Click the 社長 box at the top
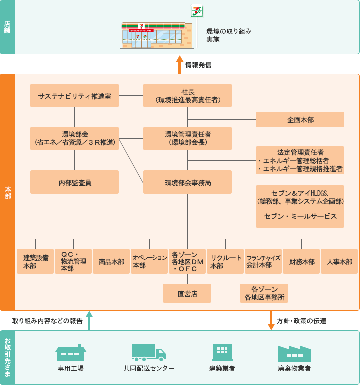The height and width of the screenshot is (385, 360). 187,95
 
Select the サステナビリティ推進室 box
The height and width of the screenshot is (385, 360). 74,95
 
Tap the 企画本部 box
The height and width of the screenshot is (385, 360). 300,120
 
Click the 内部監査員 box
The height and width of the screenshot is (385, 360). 74,182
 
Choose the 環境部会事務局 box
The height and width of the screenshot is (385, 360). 187,182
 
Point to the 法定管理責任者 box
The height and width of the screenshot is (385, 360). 300,160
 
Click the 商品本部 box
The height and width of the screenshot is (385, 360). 111,262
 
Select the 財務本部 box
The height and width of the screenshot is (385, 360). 301,262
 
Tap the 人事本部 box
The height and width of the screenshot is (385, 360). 339,262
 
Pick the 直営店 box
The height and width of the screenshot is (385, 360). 187,293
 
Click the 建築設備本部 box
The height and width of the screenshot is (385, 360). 35,262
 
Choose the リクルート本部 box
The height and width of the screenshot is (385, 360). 224,262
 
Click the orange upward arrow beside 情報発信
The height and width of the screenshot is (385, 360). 180,64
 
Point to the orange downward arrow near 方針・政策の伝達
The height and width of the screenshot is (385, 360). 271,320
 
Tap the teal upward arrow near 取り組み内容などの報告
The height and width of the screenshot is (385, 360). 89,320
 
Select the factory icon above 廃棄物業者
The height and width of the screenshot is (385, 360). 294,353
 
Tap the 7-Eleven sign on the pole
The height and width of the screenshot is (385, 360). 197,11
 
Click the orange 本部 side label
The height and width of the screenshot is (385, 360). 7,192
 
